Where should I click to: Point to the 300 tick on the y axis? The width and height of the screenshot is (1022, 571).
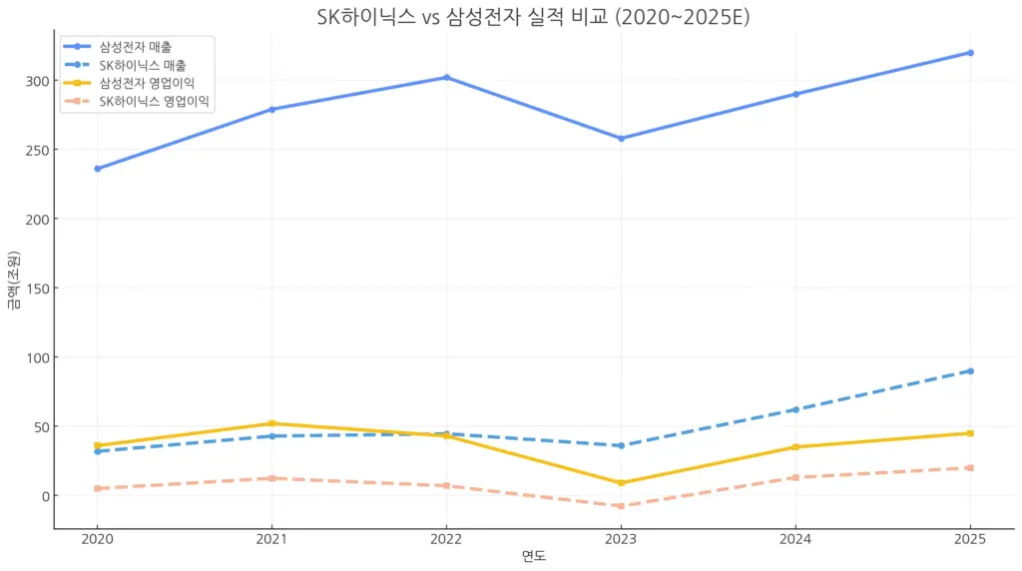click(36, 81)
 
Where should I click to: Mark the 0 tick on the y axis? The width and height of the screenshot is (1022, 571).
click(43, 496)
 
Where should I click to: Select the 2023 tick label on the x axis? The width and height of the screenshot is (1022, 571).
click(621, 540)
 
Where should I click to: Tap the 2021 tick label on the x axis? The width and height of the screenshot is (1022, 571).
click(271, 540)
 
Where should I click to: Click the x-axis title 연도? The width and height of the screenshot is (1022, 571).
click(534, 557)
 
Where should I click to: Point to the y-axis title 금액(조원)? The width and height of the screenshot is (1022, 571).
click(13, 281)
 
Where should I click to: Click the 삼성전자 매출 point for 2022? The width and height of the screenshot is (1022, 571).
click(446, 77)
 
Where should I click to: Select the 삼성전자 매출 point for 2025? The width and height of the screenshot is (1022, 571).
click(970, 53)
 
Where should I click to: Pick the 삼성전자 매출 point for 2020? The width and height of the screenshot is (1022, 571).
click(97, 169)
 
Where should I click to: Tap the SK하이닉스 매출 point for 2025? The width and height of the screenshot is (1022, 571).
click(970, 371)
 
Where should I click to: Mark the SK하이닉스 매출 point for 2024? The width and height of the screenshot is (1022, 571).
click(795, 409)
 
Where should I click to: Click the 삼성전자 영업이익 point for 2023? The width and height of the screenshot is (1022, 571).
click(621, 483)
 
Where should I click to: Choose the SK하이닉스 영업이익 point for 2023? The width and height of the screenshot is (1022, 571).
click(621, 506)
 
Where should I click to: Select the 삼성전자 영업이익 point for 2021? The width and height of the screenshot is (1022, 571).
click(271, 423)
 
